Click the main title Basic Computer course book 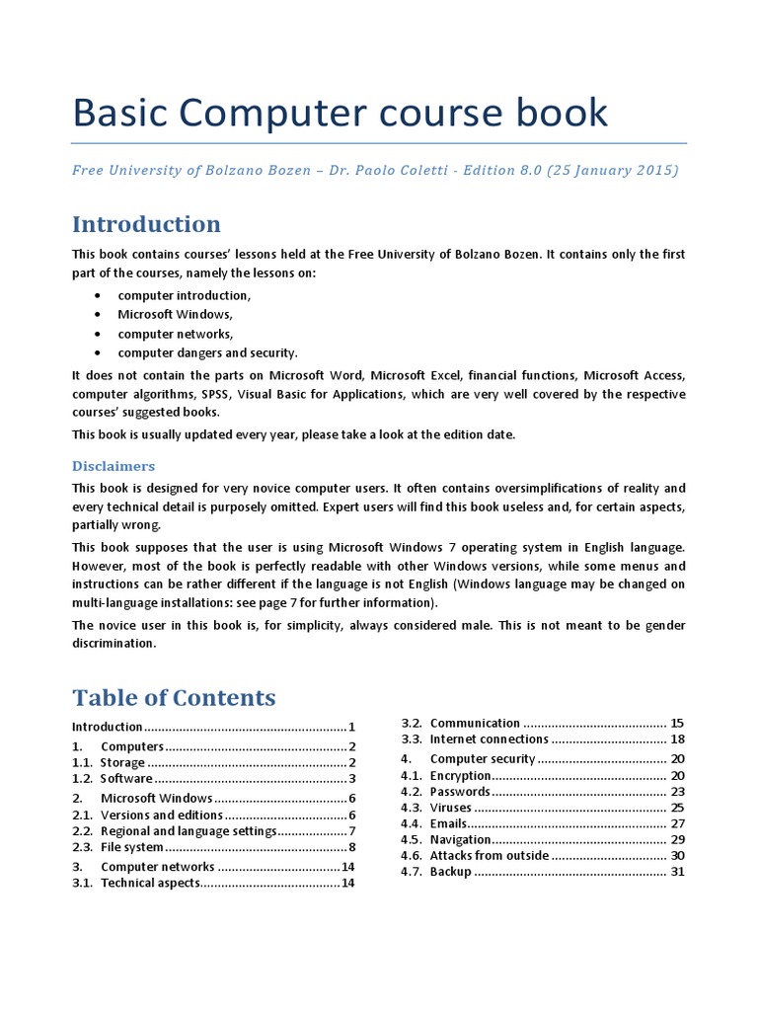click(341, 114)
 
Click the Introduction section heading click(146, 224)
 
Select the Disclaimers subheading click(113, 466)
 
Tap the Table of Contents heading click(174, 698)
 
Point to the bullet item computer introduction click(184, 295)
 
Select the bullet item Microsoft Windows click(175, 314)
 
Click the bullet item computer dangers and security click(207, 352)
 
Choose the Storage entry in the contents click(122, 762)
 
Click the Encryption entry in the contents click(460, 776)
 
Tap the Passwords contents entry click(459, 792)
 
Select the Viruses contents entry click(451, 808)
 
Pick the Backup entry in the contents click(451, 872)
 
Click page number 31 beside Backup click(677, 872)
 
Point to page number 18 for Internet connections click(677, 739)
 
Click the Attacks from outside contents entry click(489, 856)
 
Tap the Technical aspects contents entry click(150, 883)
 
